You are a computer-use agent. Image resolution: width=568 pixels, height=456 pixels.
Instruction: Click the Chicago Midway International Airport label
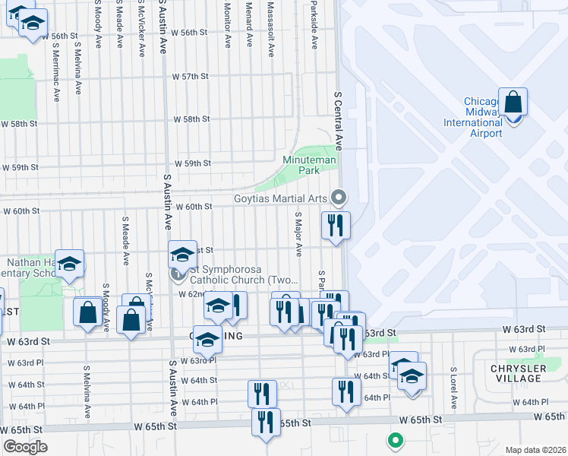point(483,118)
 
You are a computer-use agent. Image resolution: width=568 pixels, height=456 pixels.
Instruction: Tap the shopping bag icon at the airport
point(513,102)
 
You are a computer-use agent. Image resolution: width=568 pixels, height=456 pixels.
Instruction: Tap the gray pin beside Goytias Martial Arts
point(339,198)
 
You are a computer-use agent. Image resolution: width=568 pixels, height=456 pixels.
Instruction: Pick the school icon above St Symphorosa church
point(182,254)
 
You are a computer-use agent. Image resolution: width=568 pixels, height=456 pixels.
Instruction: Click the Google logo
point(24,446)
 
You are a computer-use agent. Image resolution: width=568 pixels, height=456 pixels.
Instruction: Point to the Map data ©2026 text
point(535,450)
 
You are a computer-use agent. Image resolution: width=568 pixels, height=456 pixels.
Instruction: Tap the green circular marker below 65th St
point(394,439)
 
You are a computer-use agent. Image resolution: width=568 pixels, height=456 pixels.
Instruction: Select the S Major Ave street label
point(298,234)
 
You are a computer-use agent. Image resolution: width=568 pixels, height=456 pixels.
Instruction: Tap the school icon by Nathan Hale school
point(69,263)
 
